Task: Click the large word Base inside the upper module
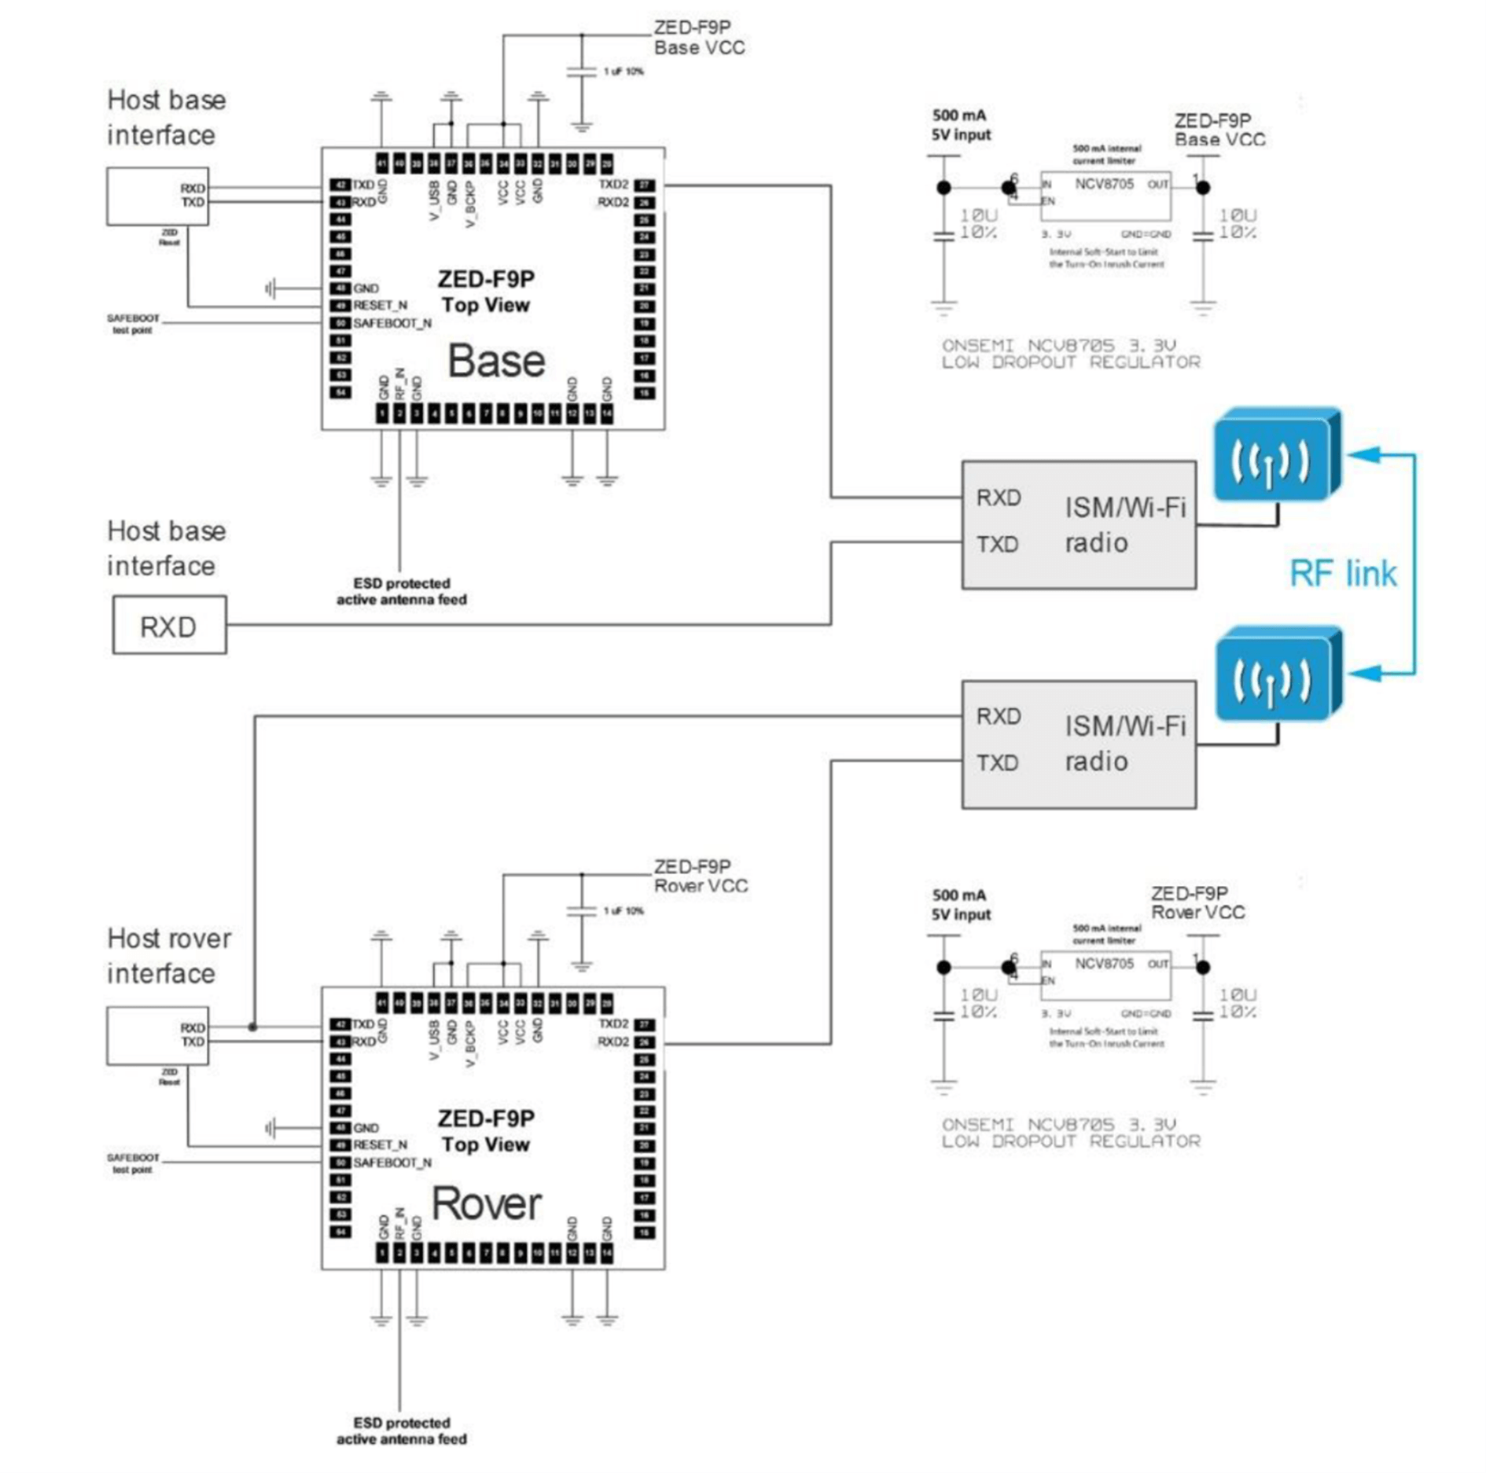(x=495, y=361)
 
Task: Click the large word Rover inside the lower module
(x=487, y=1203)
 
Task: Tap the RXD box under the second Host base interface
(x=169, y=626)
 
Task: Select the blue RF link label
(x=1342, y=574)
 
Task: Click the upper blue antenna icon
(x=1275, y=456)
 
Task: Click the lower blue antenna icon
(x=1276, y=675)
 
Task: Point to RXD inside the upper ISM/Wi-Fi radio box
(x=998, y=498)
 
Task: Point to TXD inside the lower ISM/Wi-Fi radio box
(x=997, y=762)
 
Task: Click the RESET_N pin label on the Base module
(x=380, y=305)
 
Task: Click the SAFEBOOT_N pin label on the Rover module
(x=392, y=1163)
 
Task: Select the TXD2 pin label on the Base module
(x=613, y=185)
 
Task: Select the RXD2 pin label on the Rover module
(x=613, y=1041)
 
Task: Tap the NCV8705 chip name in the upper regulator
(x=1104, y=184)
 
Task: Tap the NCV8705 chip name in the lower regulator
(x=1104, y=964)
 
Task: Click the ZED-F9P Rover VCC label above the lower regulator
(x=1197, y=903)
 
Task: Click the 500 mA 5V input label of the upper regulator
(x=960, y=125)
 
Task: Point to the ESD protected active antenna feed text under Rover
(x=401, y=1431)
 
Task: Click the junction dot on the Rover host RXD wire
(x=252, y=1027)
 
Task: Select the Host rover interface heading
(x=168, y=955)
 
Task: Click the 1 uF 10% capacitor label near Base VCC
(x=623, y=72)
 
